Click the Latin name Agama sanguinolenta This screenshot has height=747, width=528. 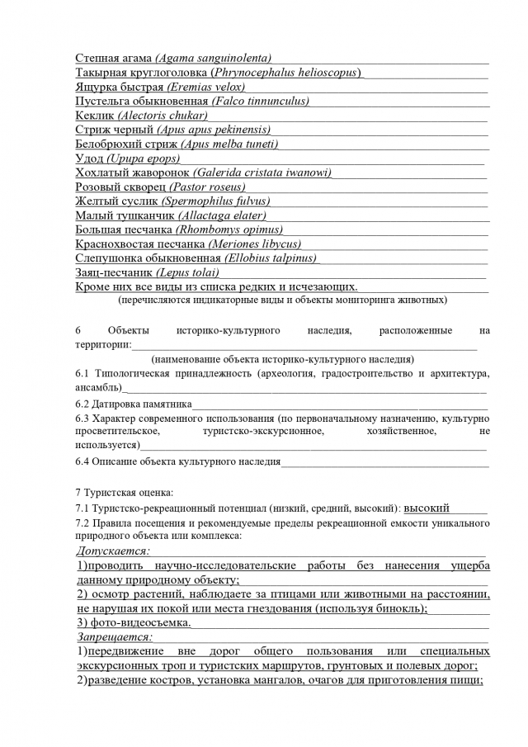(214, 58)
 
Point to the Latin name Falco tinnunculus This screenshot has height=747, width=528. (261, 101)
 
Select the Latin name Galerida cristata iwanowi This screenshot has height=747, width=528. (263, 173)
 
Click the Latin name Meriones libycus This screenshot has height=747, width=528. (254, 243)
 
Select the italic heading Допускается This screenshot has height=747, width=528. (113, 551)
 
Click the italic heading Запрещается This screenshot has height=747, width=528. (115, 637)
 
